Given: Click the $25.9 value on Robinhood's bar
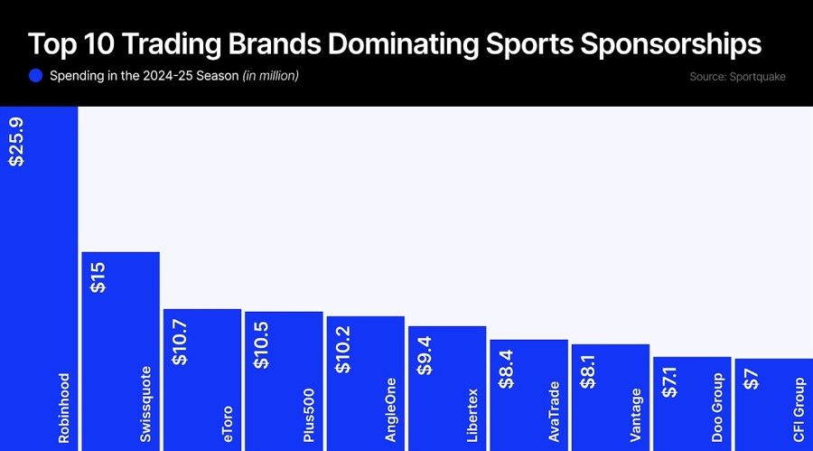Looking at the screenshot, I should [x=16, y=140].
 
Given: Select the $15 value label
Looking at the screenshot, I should [x=98, y=277].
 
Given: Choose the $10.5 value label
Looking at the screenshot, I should [x=262, y=343].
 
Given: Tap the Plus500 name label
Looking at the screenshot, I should [x=309, y=417].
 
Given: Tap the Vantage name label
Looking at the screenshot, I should [x=636, y=414].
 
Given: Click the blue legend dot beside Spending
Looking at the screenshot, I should [x=36, y=76].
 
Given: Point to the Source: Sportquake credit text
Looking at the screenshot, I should [x=737, y=77].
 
